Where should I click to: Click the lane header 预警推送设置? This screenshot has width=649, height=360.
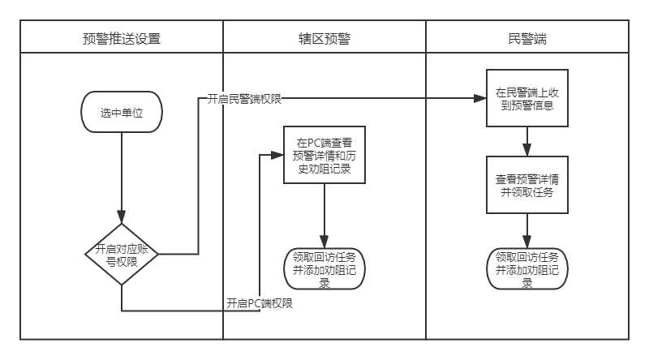(x=122, y=37)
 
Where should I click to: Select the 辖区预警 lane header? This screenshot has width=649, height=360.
(x=324, y=37)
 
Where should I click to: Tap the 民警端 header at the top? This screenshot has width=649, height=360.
(x=527, y=37)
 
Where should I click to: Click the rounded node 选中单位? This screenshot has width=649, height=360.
(x=122, y=112)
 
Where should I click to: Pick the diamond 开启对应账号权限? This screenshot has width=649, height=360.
(x=122, y=254)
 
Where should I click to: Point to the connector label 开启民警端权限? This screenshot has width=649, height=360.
(x=244, y=99)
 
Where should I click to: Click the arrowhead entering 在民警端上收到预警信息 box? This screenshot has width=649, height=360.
(x=481, y=99)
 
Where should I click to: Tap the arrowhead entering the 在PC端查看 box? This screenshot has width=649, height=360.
(x=278, y=154)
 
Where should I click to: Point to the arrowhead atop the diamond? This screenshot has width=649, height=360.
(x=122, y=218)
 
